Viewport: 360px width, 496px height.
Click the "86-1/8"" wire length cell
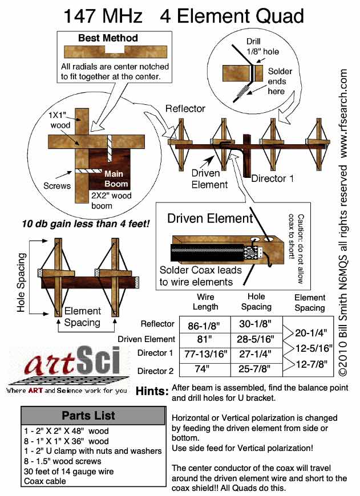(205, 327)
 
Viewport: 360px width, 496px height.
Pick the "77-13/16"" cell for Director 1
(205, 354)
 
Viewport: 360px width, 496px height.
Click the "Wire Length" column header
(205, 302)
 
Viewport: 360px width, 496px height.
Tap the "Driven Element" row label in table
(146, 339)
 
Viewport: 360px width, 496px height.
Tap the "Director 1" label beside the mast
(273, 178)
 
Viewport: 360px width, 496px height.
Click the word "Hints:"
(152, 392)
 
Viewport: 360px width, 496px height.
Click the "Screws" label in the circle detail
(58, 185)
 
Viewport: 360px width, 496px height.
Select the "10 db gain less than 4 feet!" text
(86, 223)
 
